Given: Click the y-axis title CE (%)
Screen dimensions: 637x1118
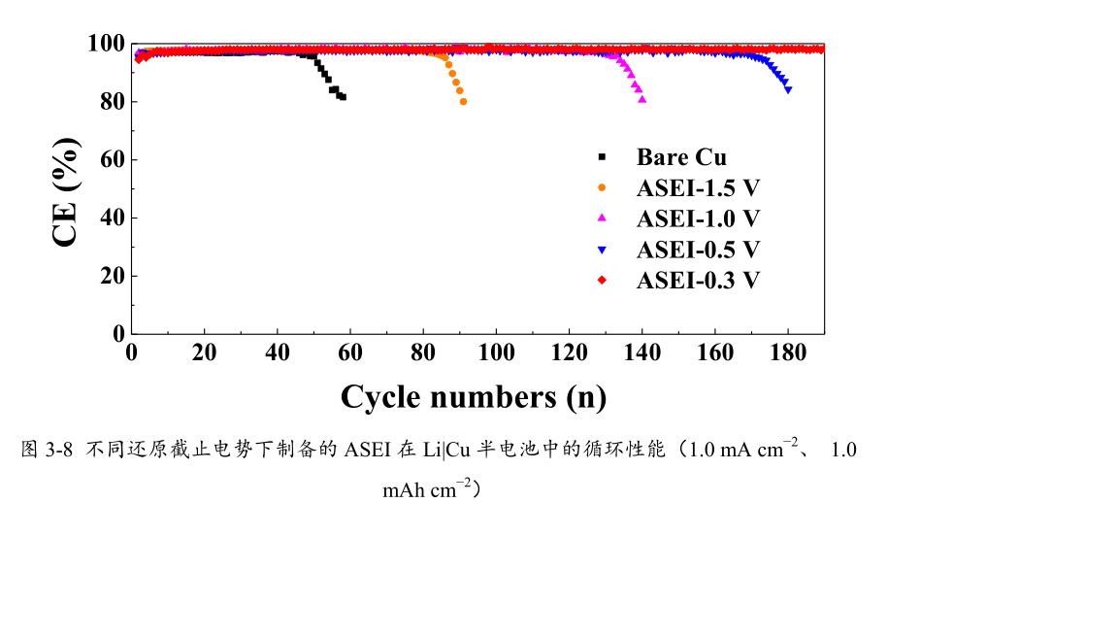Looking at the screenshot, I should click(x=66, y=192).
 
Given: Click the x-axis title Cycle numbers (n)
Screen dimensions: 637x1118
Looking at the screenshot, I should click(x=474, y=396).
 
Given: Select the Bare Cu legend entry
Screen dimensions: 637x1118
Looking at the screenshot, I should click(x=681, y=157).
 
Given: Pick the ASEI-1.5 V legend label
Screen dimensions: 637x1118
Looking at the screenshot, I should click(x=698, y=187).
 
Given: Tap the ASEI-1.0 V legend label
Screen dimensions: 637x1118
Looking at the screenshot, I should click(x=698, y=218).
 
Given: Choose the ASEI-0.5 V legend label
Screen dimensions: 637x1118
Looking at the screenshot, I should click(x=698, y=250).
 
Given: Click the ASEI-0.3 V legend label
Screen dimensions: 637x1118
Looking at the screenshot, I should click(x=698, y=281).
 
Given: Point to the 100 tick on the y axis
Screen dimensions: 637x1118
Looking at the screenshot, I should click(x=106, y=44).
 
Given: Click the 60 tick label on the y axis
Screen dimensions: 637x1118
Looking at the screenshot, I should click(x=113, y=159).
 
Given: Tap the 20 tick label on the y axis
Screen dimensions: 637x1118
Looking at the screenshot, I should click(x=113, y=276).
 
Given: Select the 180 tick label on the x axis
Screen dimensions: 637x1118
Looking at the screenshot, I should click(x=787, y=352).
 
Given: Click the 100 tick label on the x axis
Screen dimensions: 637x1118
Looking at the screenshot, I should click(x=496, y=352).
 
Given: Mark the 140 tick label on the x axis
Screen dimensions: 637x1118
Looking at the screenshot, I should click(x=641, y=352).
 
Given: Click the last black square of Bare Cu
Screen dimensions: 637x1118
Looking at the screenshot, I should click(x=343, y=97).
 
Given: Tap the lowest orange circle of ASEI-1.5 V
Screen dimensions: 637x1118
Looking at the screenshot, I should click(x=463, y=101).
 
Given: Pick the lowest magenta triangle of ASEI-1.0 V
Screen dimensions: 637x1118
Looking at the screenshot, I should click(x=642, y=99).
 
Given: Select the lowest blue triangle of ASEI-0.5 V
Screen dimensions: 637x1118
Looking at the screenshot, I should click(x=788, y=89).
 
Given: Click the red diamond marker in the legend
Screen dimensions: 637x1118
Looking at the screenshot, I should click(x=602, y=281).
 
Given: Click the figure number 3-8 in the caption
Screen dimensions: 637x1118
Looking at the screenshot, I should click(x=60, y=450).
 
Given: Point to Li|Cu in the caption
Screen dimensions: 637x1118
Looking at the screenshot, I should click(x=445, y=450).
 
